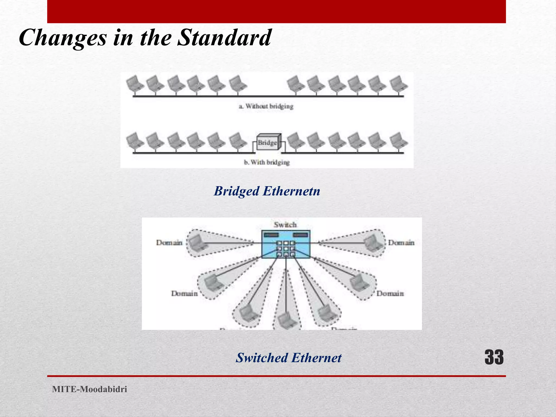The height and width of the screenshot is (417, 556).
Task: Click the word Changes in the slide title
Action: [63, 38]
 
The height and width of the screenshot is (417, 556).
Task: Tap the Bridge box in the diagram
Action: [268, 142]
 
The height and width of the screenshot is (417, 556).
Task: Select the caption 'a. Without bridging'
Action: [266, 106]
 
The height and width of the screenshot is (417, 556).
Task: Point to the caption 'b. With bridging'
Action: [267, 162]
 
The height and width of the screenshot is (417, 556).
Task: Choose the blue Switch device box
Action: [286, 244]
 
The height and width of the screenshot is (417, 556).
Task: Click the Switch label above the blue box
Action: [285, 225]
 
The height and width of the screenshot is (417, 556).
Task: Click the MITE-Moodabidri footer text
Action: [90, 389]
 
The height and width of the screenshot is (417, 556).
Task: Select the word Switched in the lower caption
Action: [262, 358]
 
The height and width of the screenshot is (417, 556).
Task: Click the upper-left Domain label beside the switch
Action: [169, 242]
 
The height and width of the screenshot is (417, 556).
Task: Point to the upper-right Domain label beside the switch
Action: [401, 242]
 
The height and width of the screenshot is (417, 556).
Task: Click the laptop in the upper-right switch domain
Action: [373, 242]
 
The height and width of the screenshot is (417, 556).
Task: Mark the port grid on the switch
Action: [286, 249]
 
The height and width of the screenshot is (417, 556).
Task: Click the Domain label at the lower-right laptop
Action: [390, 293]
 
